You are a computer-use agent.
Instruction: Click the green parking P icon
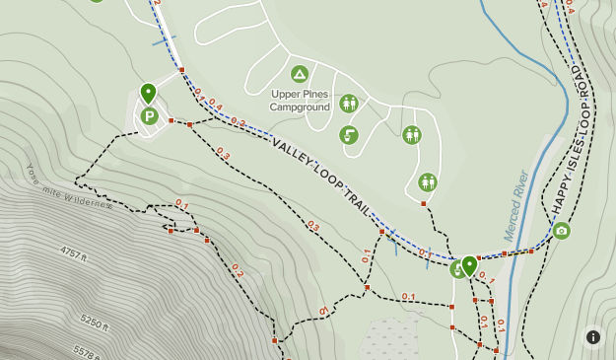pos(149,117)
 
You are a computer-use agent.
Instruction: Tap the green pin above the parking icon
pos(148,94)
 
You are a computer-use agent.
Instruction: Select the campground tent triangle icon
pos(300,74)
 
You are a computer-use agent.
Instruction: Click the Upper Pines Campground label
pos(301,101)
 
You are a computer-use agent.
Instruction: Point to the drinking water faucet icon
pos(348,135)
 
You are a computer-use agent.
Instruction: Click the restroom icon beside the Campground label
pos(348,104)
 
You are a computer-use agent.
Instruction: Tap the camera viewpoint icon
pos(562,231)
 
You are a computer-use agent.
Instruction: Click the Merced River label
pos(517,205)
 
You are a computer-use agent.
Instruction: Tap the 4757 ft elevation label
pos(74,253)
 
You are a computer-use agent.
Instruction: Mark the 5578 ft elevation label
pos(87,350)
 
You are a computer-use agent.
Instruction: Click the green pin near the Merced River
pos(469,264)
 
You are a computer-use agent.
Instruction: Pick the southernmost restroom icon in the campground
pos(427,182)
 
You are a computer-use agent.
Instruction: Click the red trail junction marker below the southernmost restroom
pos(423,204)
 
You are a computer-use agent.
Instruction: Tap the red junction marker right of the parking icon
pos(171,121)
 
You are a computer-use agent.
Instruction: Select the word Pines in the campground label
pos(316,95)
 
